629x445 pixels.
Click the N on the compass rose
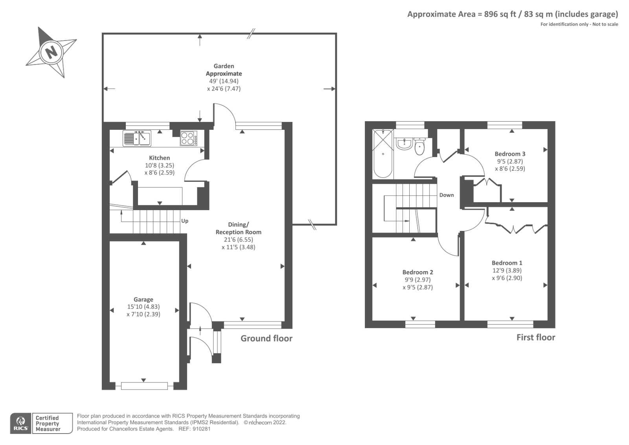pos(51,52)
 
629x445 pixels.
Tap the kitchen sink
pos(137,138)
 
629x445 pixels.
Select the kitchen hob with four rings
pos(188,138)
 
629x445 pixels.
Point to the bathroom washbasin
pos(404,144)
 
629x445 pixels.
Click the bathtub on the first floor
pos(383,153)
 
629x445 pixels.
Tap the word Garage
pos(143,300)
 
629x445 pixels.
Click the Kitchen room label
pos(160,158)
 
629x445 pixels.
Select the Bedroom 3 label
pos(510,154)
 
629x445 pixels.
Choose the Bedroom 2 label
pos(417,272)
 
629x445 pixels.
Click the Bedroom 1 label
pos(507,263)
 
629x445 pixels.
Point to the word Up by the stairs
pos(185,221)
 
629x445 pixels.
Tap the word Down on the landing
pos(447,195)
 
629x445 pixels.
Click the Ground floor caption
pos(267,338)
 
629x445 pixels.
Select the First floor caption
pos(536,337)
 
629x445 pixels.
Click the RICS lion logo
pos(21,423)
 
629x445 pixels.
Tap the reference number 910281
pos(201,429)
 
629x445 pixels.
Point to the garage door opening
pos(144,386)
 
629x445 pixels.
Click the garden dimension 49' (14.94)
pos(224,81)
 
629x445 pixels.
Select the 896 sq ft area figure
pos(500,14)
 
